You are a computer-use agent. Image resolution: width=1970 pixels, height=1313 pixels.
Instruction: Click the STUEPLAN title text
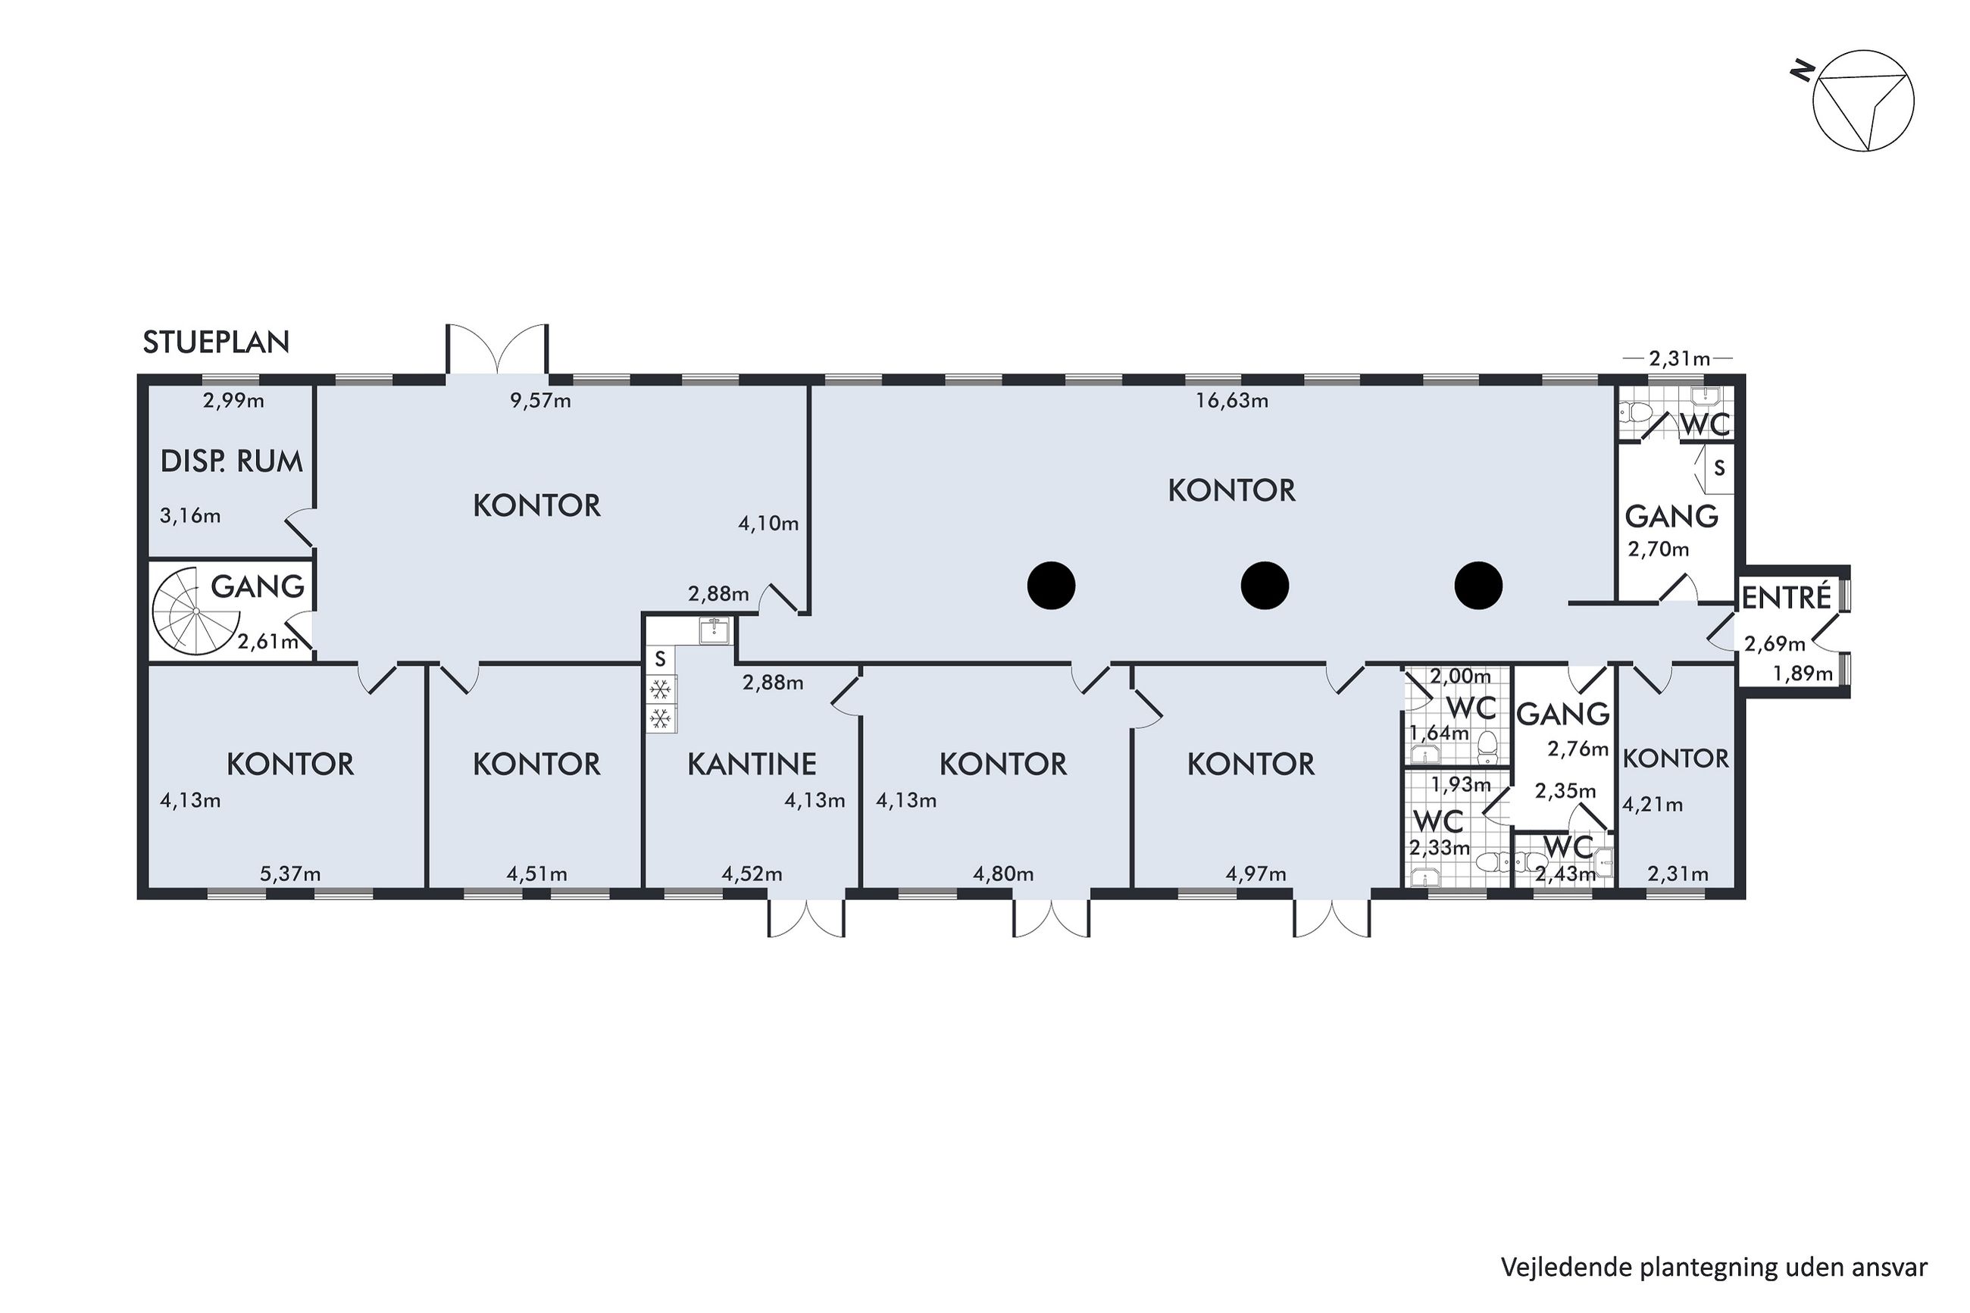click(216, 342)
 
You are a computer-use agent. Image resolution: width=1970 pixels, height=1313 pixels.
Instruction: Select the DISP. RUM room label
click(231, 461)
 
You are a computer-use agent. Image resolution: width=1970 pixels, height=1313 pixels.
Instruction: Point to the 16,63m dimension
click(1230, 401)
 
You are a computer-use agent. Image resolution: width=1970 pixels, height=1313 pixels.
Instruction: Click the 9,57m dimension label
click(540, 401)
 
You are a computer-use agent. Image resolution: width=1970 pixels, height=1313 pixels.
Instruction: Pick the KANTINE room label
click(752, 764)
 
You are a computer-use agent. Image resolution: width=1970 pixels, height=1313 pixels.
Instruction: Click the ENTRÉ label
click(1787, 598)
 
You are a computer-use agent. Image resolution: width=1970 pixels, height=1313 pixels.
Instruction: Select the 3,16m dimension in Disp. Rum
click(190, 516)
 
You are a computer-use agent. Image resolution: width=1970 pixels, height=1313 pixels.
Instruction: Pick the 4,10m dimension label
click(768, 524)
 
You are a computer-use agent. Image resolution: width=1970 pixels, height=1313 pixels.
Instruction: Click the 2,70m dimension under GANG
click(1658, 550)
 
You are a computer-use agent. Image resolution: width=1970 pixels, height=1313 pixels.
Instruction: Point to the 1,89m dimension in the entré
click(1803, 674)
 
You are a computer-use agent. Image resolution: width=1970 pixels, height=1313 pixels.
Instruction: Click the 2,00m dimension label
click(1460, 676)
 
